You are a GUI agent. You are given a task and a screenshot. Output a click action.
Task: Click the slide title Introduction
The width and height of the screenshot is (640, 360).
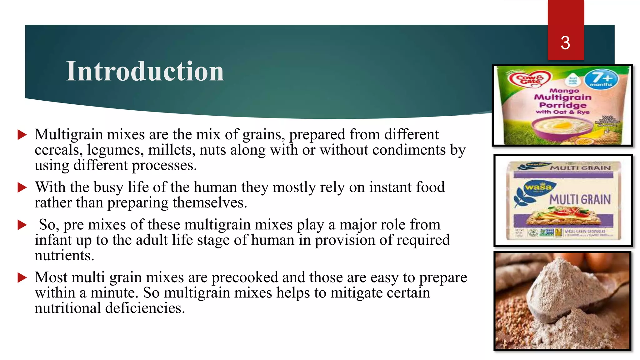pos(145,71)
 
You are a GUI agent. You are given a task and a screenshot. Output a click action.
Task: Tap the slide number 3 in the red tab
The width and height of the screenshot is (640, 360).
pos(565,43)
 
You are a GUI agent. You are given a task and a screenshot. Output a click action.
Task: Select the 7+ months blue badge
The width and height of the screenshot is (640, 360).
pos(601,79)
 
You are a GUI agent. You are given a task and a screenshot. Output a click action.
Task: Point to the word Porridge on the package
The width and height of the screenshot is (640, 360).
pos(562,105)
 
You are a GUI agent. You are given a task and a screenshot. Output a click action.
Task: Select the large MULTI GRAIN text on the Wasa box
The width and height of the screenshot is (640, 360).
pos(580,199)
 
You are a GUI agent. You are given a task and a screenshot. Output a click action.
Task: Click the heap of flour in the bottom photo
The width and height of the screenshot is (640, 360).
pos(562,291)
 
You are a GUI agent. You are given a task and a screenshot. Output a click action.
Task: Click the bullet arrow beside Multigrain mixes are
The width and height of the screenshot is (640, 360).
pos(22,135)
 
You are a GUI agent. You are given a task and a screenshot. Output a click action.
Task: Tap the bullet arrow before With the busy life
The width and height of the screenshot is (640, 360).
pos(22,187)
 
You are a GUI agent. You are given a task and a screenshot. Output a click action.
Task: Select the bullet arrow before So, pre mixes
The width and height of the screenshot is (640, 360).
pos(22,225)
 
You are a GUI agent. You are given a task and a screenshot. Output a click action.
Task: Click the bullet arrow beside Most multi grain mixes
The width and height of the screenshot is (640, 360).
pos(22,277)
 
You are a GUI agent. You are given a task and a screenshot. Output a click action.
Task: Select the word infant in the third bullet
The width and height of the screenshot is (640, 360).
pos(49,240)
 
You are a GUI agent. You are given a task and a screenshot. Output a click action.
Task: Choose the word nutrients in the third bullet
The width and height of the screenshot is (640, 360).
pos(64,255)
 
